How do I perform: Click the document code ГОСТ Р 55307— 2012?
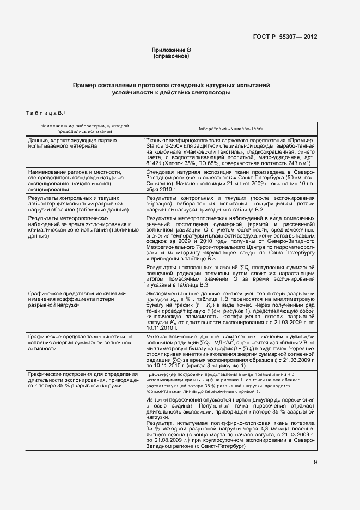click(285, 37)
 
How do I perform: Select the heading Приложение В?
click(171, 50)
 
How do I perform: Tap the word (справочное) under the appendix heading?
click(171, 56)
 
